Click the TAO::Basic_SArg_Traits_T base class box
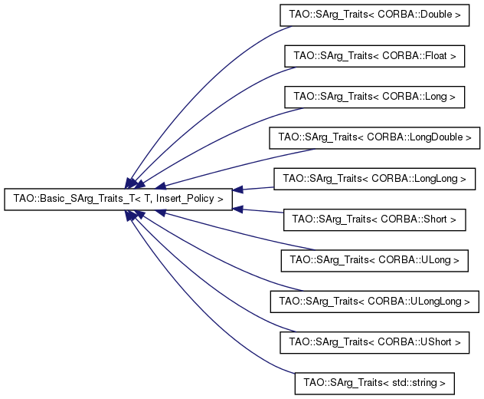pyautogui.click(x=118, y=199)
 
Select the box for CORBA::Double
pyautogui.click(x=374, y=15)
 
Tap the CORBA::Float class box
pyautogui.click(x=374, y=56)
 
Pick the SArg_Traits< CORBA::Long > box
pyautogui.click(x=374, y=97)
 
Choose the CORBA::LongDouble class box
pyautogui.click(x=374, y=137)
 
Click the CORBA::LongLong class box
pyautogui.click(x=374, y=179)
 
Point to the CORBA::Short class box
pyautogui.click(x=374, y=219)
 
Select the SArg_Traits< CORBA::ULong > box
pyautogui.click(x=374, y=261)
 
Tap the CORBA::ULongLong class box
pyautogui.click(x=374, y=302)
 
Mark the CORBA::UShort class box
pyautogui.click(x=374, y=342)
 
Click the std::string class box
pyautogui.click(x=374, y=384)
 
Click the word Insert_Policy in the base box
pyautogui.click(x=185, y=199)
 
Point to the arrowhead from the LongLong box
pyautogui.click(x=237, y=190)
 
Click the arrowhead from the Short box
pyautogui.click(x=237, y=209)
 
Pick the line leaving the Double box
pyautogui.click(x=198, y=84)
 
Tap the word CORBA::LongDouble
pyautogui.click(x=415, y=137)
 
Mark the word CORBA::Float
pyautogui.click(x=415, y=56)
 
